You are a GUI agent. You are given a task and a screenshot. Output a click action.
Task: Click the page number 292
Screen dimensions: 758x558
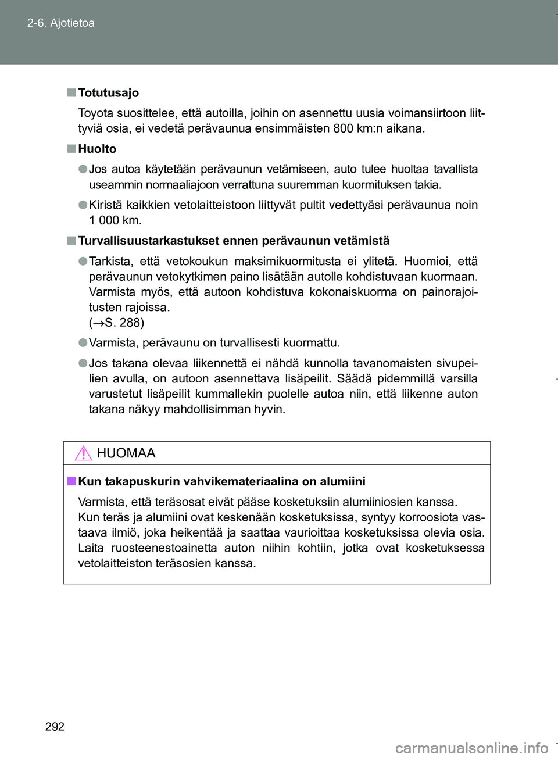coord(55,726)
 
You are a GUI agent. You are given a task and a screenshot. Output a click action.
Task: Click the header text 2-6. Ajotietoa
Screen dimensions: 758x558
coord(60,23)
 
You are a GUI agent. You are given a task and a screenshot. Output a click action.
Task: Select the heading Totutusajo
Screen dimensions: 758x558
coord(108,93)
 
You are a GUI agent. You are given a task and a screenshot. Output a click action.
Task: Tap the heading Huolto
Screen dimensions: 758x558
coord(97,149)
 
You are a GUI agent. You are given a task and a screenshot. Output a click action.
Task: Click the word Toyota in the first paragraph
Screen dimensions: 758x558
coord(96,113)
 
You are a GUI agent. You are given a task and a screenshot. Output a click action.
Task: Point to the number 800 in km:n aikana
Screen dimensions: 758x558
coord(344,128)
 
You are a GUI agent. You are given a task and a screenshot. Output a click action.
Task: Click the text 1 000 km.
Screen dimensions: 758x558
coord(115,220)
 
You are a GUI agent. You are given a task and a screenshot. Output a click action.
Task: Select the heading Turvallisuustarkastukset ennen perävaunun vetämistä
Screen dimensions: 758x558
coord(234,241)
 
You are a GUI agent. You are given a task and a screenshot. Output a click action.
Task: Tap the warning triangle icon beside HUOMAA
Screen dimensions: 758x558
coord(84,453)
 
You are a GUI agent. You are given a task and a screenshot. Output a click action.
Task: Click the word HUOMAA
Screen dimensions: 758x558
coord(126,453)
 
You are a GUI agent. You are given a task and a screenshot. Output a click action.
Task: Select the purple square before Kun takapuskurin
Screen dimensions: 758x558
coord(71,481)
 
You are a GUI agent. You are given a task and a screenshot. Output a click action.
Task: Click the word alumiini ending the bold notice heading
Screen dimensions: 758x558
coord(342,481)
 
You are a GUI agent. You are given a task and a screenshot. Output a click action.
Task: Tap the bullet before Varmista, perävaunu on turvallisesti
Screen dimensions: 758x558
coord(83,342)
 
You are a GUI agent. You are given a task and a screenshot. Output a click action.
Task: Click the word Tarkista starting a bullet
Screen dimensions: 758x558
coord(111,262)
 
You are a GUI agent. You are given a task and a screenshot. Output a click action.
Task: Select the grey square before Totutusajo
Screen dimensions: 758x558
coord(71,92)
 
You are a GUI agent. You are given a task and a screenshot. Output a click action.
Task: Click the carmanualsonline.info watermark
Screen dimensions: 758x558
coord(471,748)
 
